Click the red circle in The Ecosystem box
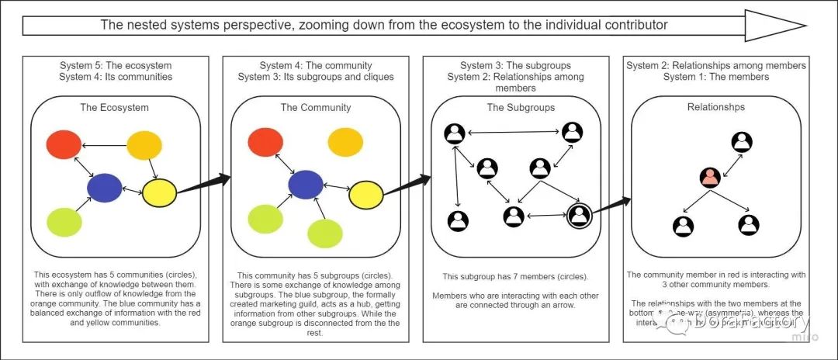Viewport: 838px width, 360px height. [x=63, y=144]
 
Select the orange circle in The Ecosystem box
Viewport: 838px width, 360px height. [x=144, y=144]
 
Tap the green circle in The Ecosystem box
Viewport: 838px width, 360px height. [x=64, y=222]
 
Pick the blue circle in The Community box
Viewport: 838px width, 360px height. [x=306, y=185]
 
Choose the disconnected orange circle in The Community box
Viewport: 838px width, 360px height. [x=345, y=142]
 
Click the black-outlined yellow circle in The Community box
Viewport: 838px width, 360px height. [x=365, y=195]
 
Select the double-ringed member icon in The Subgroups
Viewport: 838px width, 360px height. [x=579, y=215]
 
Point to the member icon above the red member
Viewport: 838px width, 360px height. [x=742, y=142]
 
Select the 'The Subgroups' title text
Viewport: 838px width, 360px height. [x=521, y=107]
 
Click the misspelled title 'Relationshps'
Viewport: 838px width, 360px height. [x=716, y=107]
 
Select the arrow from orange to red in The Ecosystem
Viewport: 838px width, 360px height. [x=104, y=144]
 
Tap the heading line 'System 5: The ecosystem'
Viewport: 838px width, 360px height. [x=116, y=65]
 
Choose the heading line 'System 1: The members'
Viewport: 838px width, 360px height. [x=716, y=77]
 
